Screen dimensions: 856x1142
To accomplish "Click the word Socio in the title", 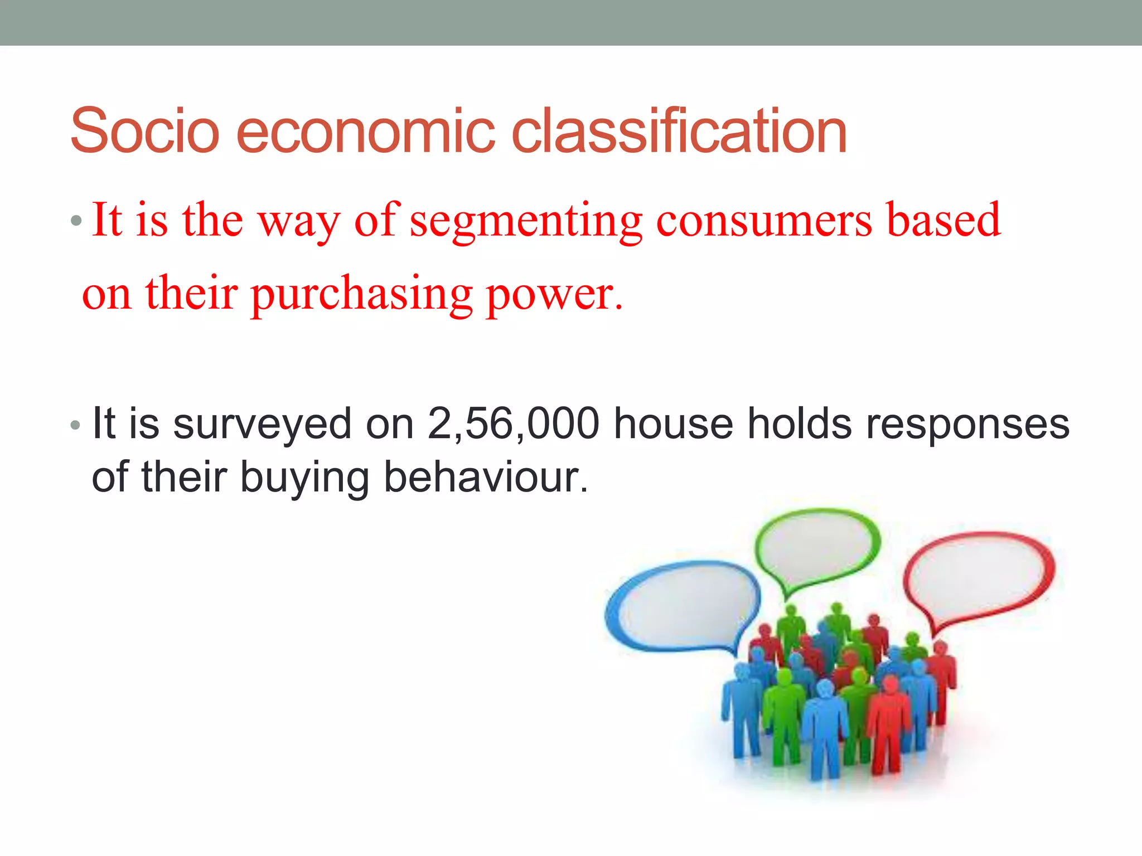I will pos(145,131).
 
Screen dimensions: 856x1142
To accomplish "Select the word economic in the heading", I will pos(365,131).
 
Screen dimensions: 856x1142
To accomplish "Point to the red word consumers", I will pos(764,221).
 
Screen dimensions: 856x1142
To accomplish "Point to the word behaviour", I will pos(486,478).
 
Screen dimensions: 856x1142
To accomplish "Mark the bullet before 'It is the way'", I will pos(76,222).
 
